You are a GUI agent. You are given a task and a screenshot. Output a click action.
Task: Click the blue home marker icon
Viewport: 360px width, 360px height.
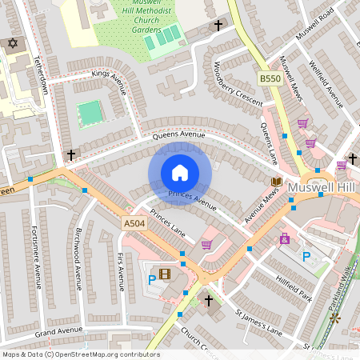click(x=180, y=173)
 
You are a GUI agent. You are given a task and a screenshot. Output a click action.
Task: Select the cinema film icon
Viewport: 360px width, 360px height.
click(x=165, y=275)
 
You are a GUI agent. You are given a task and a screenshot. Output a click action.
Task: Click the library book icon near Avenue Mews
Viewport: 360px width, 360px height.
click(x=276, y=182)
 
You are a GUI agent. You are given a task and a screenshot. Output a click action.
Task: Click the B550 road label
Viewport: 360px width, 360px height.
click(x=270, y=78)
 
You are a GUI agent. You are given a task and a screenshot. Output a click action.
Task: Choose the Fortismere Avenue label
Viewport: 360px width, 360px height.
click(x=35, y=256)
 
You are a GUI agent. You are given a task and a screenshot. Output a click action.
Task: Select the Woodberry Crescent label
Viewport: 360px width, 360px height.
click(x=239, y=83)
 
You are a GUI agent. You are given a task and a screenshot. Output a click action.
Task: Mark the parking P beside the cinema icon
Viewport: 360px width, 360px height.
click(x=151, y=280)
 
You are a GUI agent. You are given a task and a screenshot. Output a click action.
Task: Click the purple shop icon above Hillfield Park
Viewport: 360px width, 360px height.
click(x=284, y=238)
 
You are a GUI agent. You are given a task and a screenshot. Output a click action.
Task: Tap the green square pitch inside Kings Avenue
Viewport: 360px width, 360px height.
click(x=92, y=113)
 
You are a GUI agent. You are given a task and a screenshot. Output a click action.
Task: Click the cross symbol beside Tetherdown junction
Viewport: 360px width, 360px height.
click(x=71, y=154)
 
